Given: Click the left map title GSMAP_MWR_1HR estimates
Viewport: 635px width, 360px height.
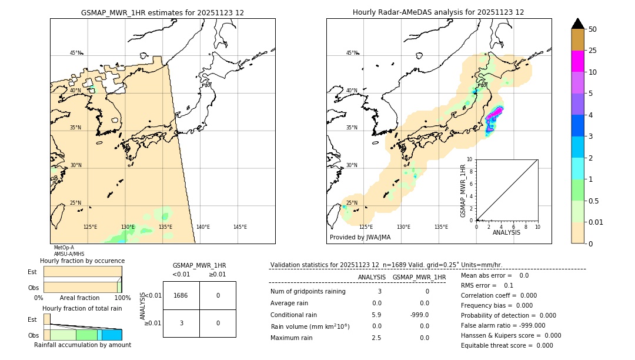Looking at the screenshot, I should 162,12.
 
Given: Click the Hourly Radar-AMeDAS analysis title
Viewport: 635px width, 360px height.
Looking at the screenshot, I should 438,12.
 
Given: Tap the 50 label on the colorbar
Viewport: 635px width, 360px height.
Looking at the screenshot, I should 593,29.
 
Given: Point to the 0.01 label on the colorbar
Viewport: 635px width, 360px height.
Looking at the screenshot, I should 596,222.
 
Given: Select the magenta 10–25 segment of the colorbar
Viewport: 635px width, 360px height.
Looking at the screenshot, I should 577,61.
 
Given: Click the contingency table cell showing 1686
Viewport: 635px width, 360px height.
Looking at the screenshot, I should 181,295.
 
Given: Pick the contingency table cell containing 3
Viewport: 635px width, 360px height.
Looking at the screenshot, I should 181,323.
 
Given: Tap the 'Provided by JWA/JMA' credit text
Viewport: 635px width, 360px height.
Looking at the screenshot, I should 360,238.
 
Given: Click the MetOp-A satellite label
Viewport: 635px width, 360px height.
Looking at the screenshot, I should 64,248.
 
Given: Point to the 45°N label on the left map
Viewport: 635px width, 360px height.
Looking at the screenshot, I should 76,53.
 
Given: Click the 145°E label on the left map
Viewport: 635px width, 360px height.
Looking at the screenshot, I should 240,227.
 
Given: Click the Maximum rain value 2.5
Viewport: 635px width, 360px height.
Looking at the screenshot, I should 376,338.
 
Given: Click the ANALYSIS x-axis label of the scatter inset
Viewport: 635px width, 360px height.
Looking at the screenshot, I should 506,232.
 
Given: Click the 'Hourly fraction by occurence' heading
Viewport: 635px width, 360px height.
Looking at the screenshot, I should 82,261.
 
